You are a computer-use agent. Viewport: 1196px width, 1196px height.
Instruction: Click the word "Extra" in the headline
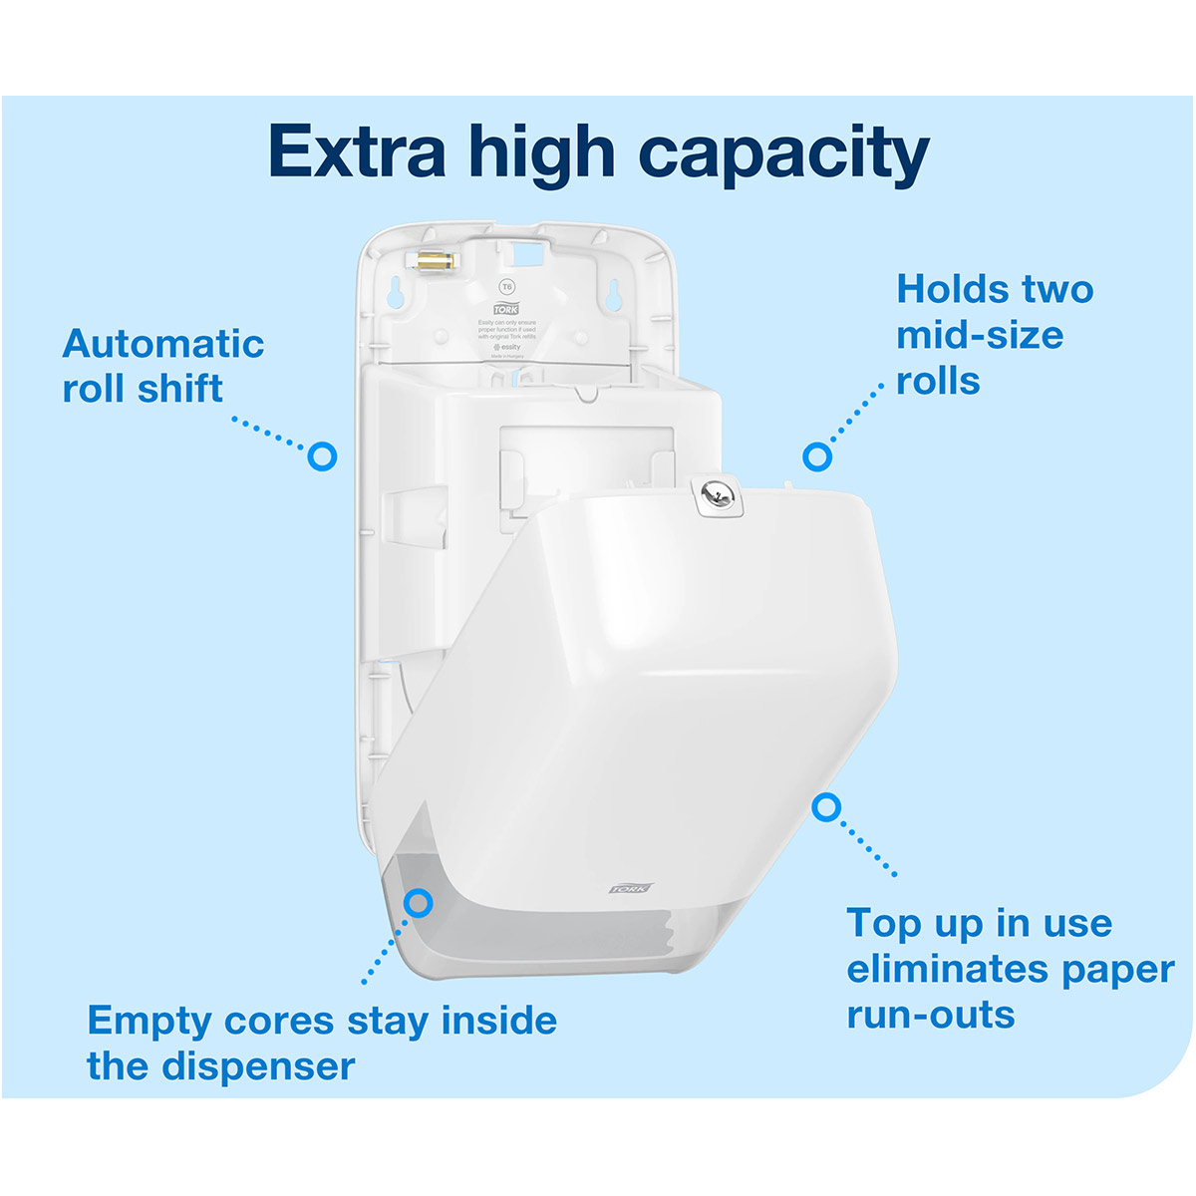(x=357, y=151)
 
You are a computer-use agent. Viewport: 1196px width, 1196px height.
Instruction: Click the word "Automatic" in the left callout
(x=163, y=344)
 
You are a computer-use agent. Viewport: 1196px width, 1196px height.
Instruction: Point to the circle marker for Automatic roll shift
(x=322, y=456)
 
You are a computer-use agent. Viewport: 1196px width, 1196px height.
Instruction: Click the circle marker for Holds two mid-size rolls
(x=817, y=456)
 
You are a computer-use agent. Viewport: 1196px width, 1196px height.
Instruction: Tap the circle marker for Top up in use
(x=825, y=807)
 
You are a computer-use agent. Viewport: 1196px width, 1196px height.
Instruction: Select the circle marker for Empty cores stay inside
(x=420, y=903)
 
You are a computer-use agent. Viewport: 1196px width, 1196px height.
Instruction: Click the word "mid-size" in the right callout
(x=980, y=335)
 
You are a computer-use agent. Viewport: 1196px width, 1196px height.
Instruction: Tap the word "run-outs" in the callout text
(x=931, y=1015)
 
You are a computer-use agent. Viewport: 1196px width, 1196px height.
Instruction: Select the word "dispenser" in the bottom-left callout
(x=258, y=1066)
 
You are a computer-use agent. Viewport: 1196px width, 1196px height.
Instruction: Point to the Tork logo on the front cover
(x=631, y=887)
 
